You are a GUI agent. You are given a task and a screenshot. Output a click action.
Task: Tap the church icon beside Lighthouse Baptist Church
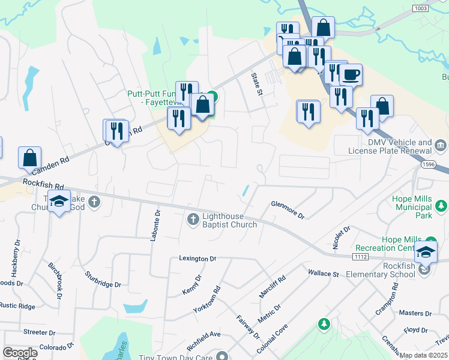coord(193,220)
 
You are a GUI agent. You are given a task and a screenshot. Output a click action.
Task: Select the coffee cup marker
coord(351,76)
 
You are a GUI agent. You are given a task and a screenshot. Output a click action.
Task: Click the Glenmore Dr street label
coord(288,209)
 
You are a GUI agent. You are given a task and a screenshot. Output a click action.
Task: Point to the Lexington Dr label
coord(197,259)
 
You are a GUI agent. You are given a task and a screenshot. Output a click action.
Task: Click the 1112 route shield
coord(360,257)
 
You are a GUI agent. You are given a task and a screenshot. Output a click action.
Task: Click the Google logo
coord(20,353)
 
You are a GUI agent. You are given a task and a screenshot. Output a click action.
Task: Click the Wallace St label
coord(324,273)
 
